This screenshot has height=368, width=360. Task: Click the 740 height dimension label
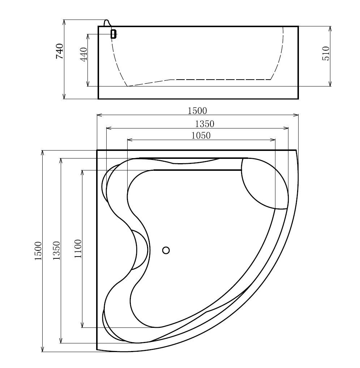tap(60, 51)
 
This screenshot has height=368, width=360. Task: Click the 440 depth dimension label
tap(84, 54)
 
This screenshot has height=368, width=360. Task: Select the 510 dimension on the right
tap(326, 53)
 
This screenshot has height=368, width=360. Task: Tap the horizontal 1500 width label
tap(197, 111)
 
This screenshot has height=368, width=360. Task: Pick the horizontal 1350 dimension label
tap(205, 124)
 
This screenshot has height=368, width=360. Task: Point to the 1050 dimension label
tap(201, 135)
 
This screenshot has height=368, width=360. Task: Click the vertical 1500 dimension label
tap(38, 251)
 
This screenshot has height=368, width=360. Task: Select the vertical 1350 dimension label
tap(56, 250)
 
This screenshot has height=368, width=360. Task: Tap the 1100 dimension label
tap(78, 249)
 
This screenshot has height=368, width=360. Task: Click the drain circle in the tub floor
tap(166, 250)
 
